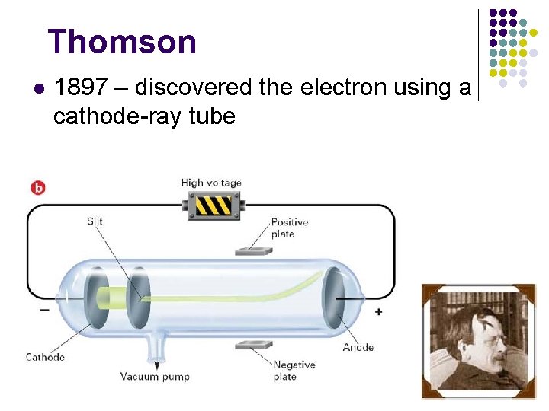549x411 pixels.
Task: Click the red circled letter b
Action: [37, 186]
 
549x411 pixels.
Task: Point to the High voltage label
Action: [211, 183]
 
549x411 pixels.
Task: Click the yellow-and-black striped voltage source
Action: [213, 205]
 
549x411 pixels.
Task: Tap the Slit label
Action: [95, 221]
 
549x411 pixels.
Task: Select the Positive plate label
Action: [290, 228]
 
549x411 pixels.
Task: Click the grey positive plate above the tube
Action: [255, 250]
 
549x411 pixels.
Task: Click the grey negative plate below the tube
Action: [254, 345]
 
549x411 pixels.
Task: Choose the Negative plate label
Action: [294, 371]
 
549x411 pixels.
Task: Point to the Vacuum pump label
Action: [155, 376]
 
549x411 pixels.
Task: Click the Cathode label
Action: [45, 357]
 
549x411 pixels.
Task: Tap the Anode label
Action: [358, 347]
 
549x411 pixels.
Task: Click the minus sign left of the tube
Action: [43, 310]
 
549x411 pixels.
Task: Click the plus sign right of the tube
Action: [378, 311]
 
